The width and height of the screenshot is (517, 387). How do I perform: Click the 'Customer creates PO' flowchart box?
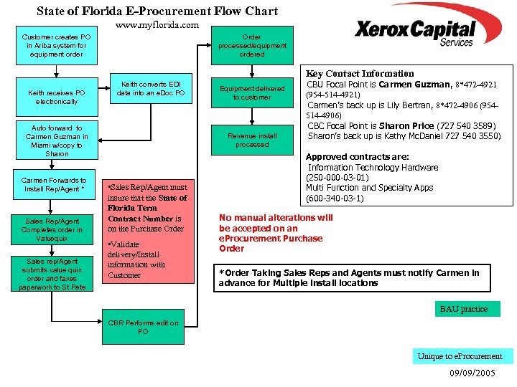click(57, 45)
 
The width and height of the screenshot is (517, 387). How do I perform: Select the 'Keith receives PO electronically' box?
click(57, 97)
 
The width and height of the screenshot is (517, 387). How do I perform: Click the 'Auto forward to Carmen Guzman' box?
click(57, 140)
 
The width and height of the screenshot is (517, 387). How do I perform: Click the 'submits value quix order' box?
click(52, 274)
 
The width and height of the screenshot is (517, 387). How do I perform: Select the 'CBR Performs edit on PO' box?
click(143, 327)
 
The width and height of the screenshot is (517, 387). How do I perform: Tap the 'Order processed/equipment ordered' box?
click(251, 45)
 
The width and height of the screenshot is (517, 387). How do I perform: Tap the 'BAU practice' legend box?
click(463, 309)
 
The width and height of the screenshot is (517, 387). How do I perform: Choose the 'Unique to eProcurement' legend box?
click(460, 356)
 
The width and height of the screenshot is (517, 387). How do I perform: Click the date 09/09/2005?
click(472, 373)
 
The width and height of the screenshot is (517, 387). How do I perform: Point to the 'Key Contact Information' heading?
click(360, 73)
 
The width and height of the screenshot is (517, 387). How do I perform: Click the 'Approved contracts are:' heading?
click(357, 156)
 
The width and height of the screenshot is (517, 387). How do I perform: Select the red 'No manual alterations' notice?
click(276, 233)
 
